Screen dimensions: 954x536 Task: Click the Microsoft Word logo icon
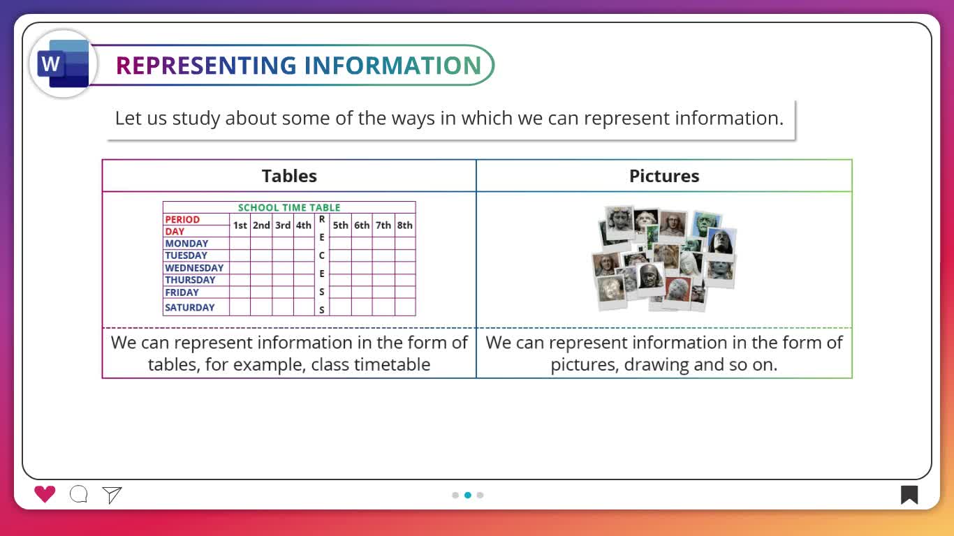coord(64,64)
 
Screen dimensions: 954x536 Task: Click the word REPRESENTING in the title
coord(206,66)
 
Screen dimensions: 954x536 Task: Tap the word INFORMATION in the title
coord(392,66)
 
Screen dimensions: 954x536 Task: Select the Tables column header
coord(289,176)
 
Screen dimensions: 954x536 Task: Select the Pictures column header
coord(664,176)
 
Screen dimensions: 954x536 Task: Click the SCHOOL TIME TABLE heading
coord(289,207)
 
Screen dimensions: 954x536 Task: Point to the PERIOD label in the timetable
coord(182,219)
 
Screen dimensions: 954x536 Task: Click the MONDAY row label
coord(186,243)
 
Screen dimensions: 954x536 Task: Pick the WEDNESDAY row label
coord(194,268)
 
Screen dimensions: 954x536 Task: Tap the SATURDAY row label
coord(189,307)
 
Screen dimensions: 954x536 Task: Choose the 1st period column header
coord(240,225)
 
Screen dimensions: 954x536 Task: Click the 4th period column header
coord(304,225)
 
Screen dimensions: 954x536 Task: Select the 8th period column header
coord(404,225)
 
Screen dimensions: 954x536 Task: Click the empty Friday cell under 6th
coord(362,292)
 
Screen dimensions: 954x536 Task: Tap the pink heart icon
coord(45,494)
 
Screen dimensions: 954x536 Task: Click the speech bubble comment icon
coord(79,494)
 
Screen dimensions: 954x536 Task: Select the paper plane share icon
coord(112,495)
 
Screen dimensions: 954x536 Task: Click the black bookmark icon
coord(909,495)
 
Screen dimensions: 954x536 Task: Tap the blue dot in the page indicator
coord(468,495)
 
